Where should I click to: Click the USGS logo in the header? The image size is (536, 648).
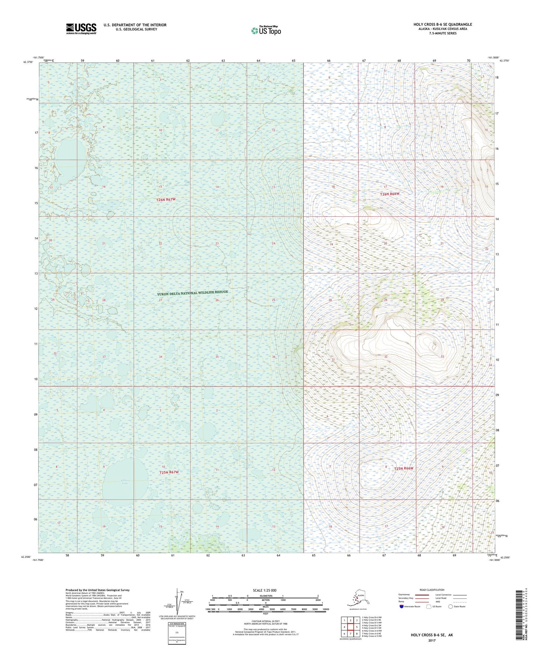[x=81, y=29]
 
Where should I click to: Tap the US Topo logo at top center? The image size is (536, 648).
[x=266, y=30]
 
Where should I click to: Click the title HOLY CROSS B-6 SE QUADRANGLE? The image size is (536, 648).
[x=443, y=24]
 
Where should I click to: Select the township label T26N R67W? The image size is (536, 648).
[x=165, y=200]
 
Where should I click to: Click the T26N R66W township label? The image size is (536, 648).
[x=389, y=194]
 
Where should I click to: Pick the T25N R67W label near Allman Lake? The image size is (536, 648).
[x=169, y=472]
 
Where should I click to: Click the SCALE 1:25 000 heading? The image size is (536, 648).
[x=264, y=590]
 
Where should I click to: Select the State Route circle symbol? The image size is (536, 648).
[x=451, y=607]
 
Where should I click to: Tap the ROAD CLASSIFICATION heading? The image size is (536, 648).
[x=432, y=590]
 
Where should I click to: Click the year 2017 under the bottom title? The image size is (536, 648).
[x=431, y=640]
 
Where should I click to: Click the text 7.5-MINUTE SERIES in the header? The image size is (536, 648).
[x=443, y=33]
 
